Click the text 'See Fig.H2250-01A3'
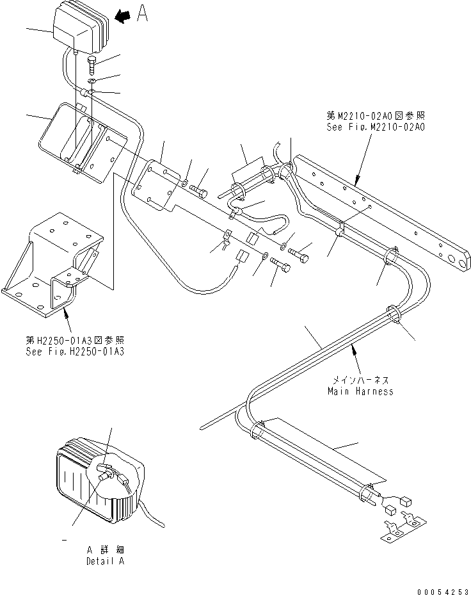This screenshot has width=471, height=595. coord(75,352)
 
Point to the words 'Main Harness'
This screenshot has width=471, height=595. coord(360,391)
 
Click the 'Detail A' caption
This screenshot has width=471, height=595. coord(106,561)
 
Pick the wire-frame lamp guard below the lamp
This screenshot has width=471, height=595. coord(80,141)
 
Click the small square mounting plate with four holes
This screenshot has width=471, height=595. coord(155,186)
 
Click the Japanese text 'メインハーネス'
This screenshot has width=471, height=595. coord(360,380)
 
